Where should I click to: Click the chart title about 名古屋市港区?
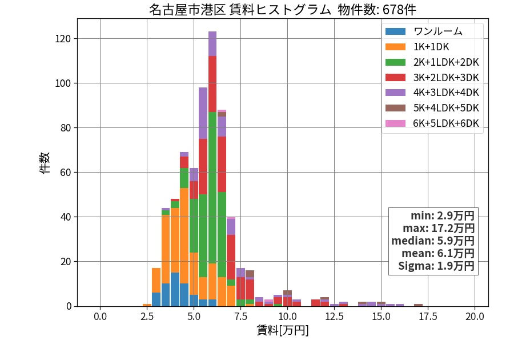(283, 10)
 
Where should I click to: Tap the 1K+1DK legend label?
(431, 47)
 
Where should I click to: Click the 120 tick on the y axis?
(63, 39)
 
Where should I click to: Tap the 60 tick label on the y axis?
(66, 173)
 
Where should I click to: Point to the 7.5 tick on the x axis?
(240, 317)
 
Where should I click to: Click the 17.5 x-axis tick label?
(428, 317)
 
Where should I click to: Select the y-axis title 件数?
(45, 163)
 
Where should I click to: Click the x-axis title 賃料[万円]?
(283, 330)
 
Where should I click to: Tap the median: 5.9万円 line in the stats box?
(433, 241)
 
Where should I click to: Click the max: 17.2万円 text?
(439, 228)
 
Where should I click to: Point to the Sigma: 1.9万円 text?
(436, 266)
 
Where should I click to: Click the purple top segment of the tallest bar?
(212, 44)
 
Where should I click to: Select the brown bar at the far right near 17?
(418, 305)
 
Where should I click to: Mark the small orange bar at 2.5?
(147, 305)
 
